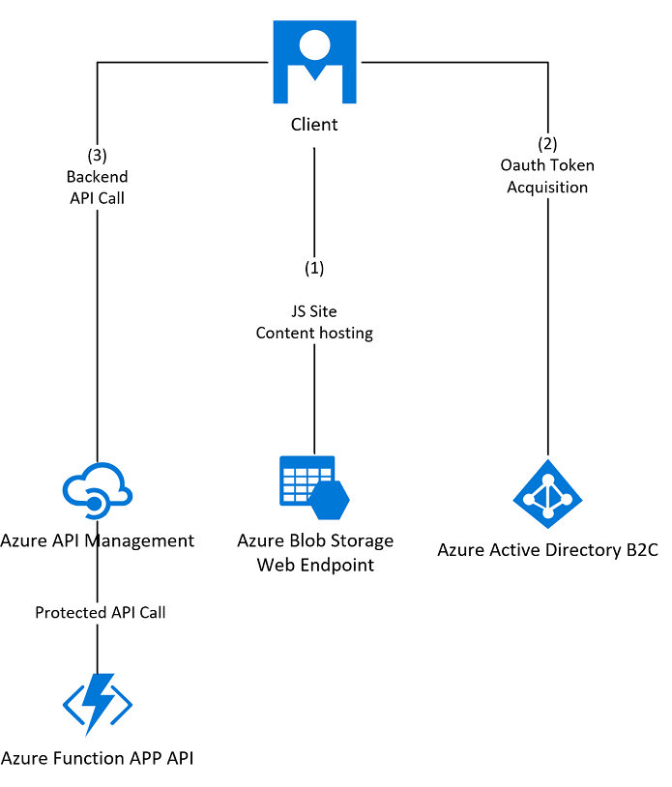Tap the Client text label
[314, 125]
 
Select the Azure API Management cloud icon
[97, 489]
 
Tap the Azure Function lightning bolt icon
[98, 704]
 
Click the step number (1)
[314, 267]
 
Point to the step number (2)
[547, 144]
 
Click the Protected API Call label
[101, 612]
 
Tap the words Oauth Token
[547, 165]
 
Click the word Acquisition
[547, 187]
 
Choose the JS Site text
[314, 311]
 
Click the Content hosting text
[314, 333]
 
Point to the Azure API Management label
[98, 540]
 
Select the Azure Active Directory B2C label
[547, 550]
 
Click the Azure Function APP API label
[98, 758]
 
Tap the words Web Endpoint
[315, 564]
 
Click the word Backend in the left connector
[97, 177]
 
